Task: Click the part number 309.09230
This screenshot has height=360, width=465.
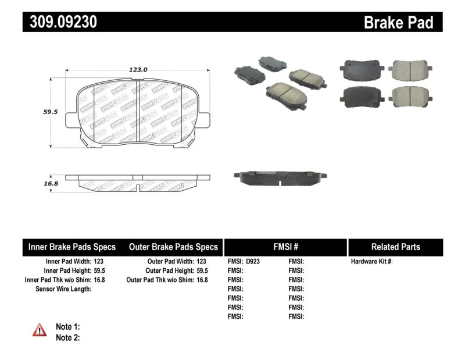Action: tap(60, 22)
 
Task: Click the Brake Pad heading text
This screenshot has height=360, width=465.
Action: tap(398, 22)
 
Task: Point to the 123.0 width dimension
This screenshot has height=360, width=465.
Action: tap(138, 69)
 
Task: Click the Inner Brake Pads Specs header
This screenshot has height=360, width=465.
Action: tap(72, 247)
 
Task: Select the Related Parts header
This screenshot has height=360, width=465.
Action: tap(395, 247)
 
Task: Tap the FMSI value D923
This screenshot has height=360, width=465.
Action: tap(253, 262)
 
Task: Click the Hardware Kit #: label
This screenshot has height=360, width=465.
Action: tap(372, 262)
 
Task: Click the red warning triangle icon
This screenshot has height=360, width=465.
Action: tap(40, 330)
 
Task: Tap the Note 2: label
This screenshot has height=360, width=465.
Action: tap(68, 337)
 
